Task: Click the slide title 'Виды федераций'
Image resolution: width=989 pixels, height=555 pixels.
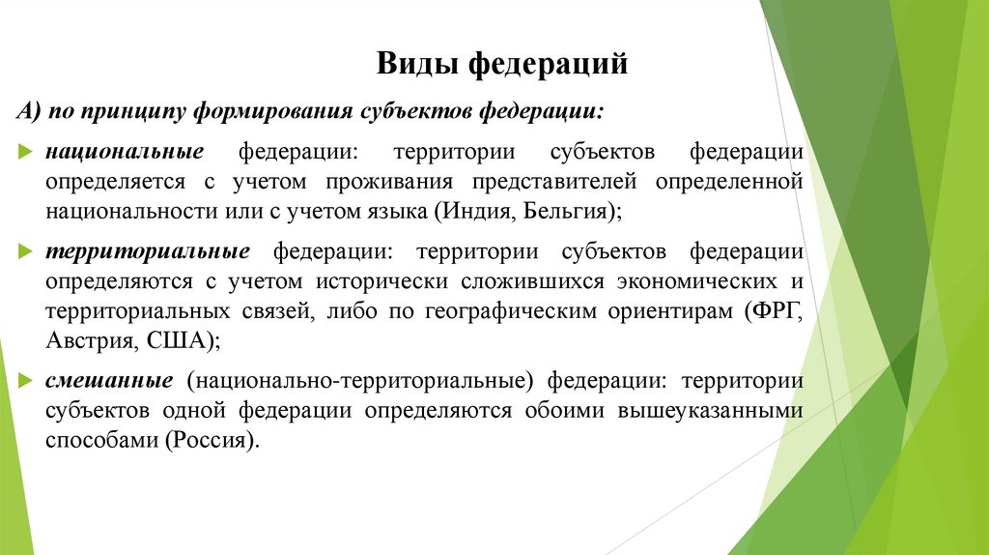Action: [x=501, y=65]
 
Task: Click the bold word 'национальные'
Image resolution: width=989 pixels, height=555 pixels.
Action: [x=123, y=152]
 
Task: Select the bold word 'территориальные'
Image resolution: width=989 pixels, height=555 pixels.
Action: [x=147, y=251]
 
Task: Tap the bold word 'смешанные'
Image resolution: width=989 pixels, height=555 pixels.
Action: [x=109, y=379]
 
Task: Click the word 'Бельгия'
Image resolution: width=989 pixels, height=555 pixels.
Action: [x=568, y=210]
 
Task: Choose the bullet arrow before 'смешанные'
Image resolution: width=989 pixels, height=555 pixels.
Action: [x=25, y=380]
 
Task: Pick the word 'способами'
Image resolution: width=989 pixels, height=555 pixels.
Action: [x=101, y=440]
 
